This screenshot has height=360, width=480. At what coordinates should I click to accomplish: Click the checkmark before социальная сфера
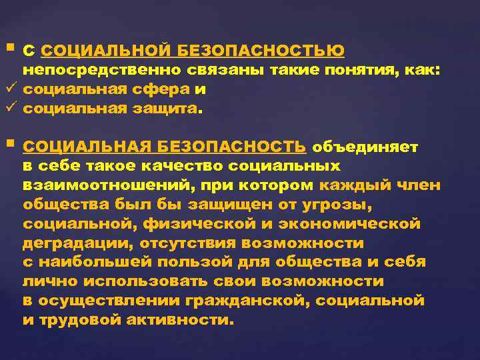click(9, 89)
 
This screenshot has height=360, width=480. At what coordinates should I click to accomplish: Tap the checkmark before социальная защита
click(9, 108)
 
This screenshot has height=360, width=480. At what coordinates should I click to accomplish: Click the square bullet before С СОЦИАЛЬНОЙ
click(9, 49)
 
